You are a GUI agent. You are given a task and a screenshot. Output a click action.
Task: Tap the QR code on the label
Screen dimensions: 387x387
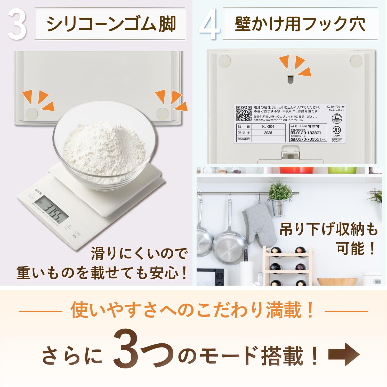(x=244, y=113)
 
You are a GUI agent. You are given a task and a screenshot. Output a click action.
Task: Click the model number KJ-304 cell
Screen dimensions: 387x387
(x=268, y=126)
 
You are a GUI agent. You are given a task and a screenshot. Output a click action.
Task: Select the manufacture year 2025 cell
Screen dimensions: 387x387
(x=268, y=133)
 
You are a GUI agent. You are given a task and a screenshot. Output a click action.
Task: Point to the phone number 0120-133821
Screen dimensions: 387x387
(x=308, y=133)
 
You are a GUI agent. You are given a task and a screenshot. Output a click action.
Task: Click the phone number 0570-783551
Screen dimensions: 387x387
(x=308, y=139)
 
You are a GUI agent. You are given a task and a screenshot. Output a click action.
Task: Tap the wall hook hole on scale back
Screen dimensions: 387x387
(x=291, y=79)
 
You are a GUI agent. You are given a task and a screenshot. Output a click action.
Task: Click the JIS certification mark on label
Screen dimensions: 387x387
(x=336, y=130)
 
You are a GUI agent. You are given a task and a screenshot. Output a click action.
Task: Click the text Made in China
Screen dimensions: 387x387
(x=336, y=110)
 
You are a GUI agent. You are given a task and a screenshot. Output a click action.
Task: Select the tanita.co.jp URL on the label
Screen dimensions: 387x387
(x=278, y=120)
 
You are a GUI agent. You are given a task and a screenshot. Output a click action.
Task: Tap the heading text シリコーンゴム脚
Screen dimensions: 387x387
(x=111, y=24)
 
